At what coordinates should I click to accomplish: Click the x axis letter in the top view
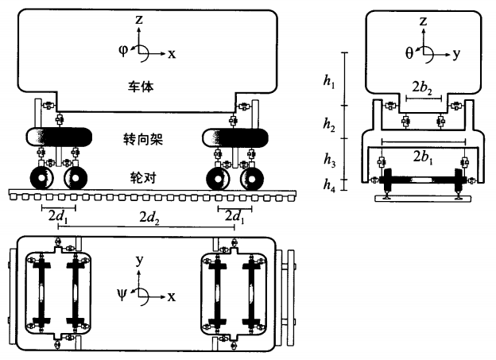point(170,296)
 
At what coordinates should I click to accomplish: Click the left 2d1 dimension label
point(58,216)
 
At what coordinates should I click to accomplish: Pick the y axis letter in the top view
point(138,260)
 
